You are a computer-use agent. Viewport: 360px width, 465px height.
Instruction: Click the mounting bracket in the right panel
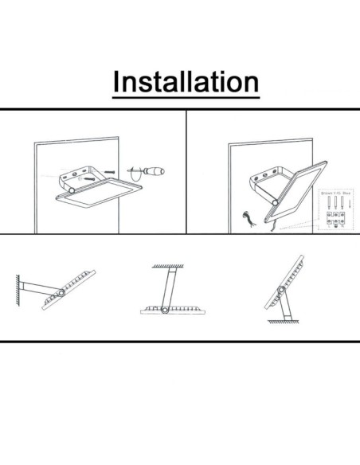pos(263,178)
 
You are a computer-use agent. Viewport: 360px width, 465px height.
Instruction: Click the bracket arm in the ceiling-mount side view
pos(170,286)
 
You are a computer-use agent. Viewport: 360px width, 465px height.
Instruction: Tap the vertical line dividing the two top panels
pos(186,171)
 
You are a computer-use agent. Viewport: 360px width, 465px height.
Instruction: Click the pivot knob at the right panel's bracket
pos(275,204)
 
